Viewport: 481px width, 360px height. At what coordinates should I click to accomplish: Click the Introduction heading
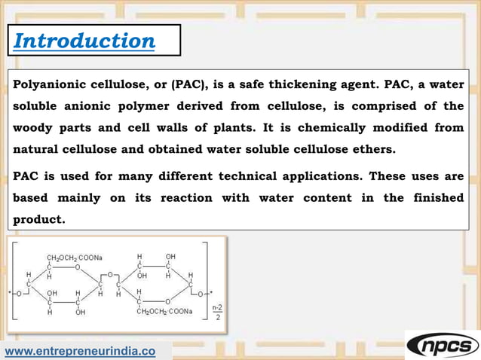[x=84, y=41]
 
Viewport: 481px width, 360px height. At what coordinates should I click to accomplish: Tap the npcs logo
[x=442, y=346]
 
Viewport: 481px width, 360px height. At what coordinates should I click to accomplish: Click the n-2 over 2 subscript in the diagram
[x=216, y=312]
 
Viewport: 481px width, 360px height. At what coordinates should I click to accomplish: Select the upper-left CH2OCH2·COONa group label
[x=75, y=257]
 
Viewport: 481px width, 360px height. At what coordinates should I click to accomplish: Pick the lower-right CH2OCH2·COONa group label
[x=164, y=311]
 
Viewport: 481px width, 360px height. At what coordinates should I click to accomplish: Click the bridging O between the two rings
[x=110, y=275]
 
